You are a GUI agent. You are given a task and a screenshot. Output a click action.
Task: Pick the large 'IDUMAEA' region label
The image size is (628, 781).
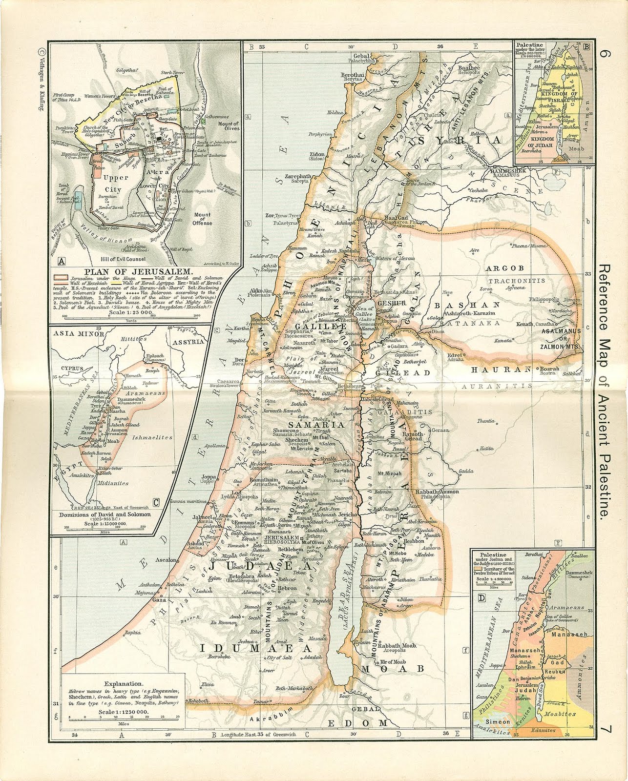point(255,648)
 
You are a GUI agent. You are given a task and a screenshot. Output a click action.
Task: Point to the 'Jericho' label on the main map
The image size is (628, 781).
point(347,514)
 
